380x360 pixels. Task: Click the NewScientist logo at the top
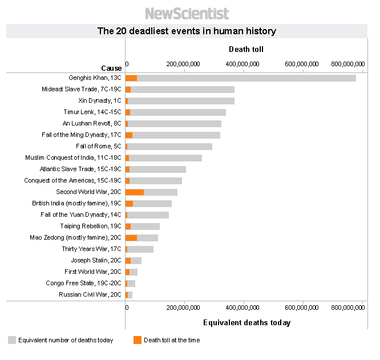[x=187, y=13]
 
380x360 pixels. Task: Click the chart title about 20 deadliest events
[x=187, y=31]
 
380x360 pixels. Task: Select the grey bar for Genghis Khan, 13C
[x=245, y=78]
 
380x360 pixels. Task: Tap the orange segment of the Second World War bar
[x=135, y=192]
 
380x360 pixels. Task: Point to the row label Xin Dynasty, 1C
[x=100, y=100]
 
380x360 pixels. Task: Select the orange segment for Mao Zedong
[x=131, y=238]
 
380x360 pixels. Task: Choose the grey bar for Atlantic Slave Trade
[x=157, y=169]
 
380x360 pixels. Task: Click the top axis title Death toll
[x=246, y=50]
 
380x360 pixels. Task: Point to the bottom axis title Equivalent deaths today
[x=246, y=323]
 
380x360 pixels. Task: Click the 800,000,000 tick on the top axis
[x=347, y=64]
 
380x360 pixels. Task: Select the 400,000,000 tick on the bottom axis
[x=242, y=308]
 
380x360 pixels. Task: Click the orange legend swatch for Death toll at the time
[x=138, y=341]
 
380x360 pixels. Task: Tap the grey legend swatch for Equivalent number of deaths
[x=12, y=341]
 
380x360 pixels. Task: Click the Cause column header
[x=111, y=68]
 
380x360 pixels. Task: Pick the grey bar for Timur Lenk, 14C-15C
[x=177, y=112]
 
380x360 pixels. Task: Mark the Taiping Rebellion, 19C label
[x=91, y=226]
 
